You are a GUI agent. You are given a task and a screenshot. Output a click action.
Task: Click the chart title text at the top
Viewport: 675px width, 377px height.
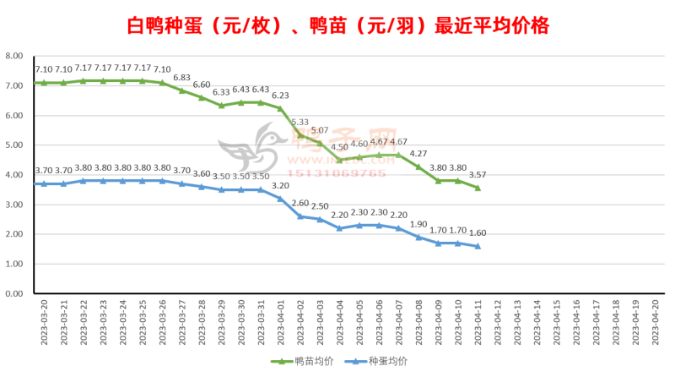(337, 26)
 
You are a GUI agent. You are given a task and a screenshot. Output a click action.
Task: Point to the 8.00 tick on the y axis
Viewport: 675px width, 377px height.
(13, 56)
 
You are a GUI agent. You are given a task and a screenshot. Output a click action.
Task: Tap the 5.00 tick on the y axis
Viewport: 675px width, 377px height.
(13, 145)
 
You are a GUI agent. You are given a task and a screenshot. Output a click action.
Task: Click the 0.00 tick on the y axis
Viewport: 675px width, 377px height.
(13, 294)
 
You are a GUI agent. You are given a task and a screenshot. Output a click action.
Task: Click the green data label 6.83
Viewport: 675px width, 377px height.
(181, 78)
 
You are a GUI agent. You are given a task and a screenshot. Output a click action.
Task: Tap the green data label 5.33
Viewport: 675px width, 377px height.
(300, 122)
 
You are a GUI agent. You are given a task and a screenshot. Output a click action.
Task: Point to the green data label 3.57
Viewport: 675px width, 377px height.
(478, 174)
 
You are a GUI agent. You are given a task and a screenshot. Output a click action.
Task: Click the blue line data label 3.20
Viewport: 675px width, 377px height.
(280, 185)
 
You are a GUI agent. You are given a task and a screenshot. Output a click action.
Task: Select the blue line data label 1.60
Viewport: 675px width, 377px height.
(478, 233)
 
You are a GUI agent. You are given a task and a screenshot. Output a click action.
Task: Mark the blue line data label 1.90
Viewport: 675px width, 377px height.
(418, 224)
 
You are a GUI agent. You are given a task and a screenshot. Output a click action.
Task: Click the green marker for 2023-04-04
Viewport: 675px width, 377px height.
(340, 160)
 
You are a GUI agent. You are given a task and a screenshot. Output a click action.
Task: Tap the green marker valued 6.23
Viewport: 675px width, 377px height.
(281, 108)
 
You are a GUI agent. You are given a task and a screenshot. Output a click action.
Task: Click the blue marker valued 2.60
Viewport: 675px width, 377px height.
(300, 216)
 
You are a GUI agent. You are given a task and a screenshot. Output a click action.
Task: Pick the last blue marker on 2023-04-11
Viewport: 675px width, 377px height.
(478, 246)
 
